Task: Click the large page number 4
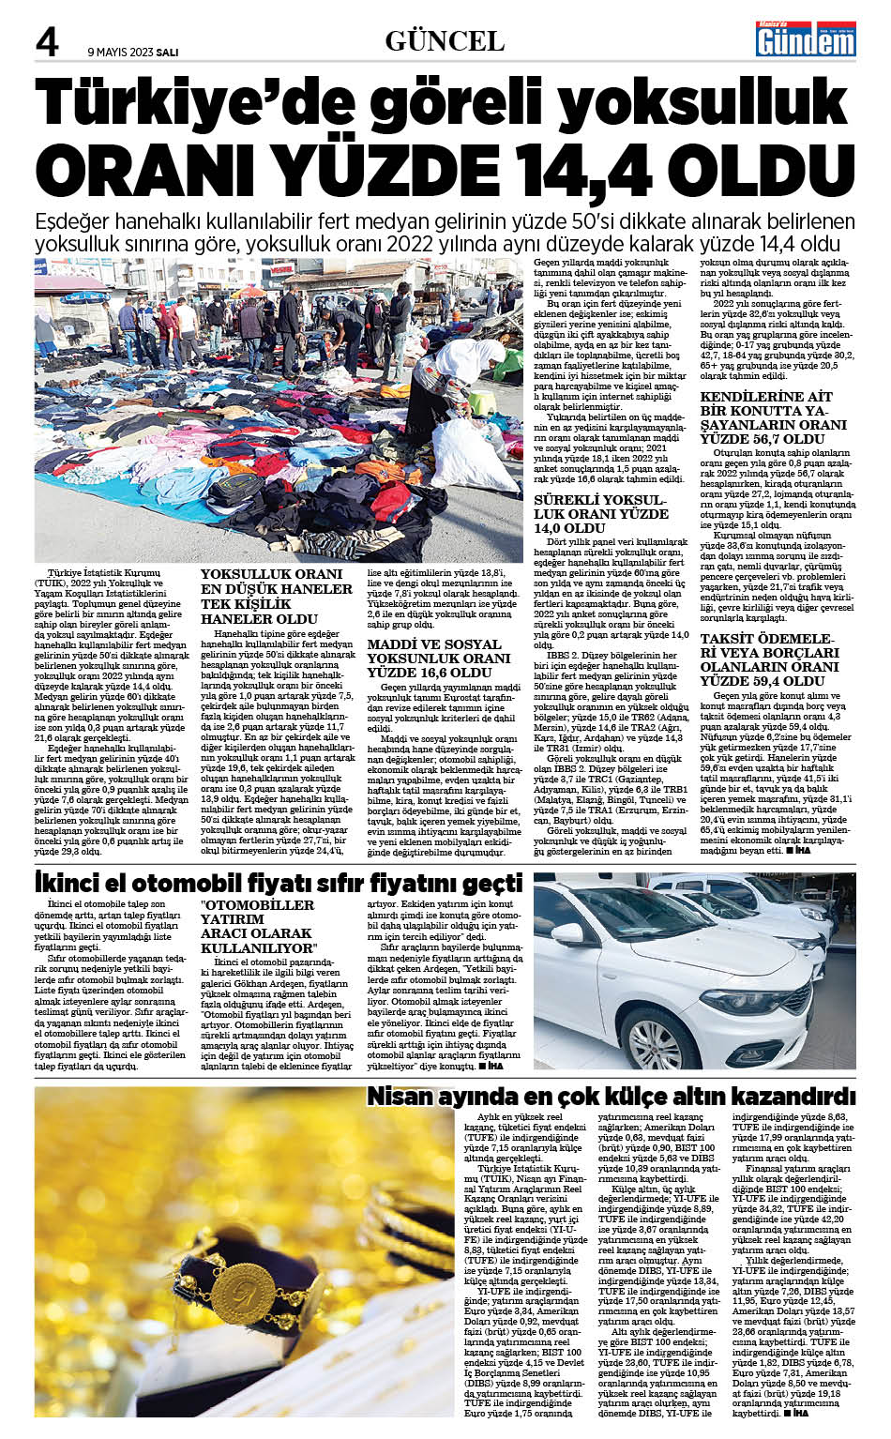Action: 47,41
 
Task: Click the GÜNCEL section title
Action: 445,40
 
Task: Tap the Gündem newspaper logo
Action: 794,38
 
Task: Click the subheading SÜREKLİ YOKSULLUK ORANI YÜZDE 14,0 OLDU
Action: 601,514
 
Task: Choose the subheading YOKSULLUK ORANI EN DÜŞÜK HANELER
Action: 277,597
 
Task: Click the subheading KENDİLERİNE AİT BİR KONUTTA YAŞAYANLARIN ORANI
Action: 774,417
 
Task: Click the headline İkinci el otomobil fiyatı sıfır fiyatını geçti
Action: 279,883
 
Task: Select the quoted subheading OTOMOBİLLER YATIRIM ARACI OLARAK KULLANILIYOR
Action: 258,927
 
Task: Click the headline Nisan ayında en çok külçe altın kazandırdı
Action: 611,1096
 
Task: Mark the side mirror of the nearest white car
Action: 569,935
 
